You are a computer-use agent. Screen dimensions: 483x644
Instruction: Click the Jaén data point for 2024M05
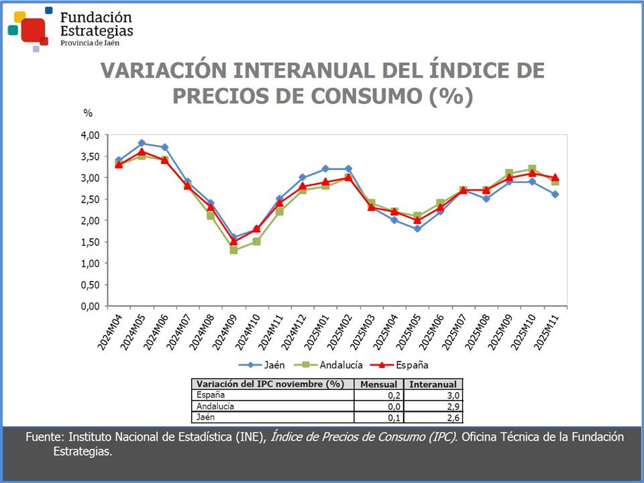point(142,143)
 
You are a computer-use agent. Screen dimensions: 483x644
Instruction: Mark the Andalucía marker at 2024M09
point(233,250)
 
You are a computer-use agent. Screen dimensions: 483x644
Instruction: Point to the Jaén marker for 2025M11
point(555,195)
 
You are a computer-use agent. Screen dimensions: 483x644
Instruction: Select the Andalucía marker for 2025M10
point(532,169)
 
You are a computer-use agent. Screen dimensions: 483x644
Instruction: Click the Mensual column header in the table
point(380,384)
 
